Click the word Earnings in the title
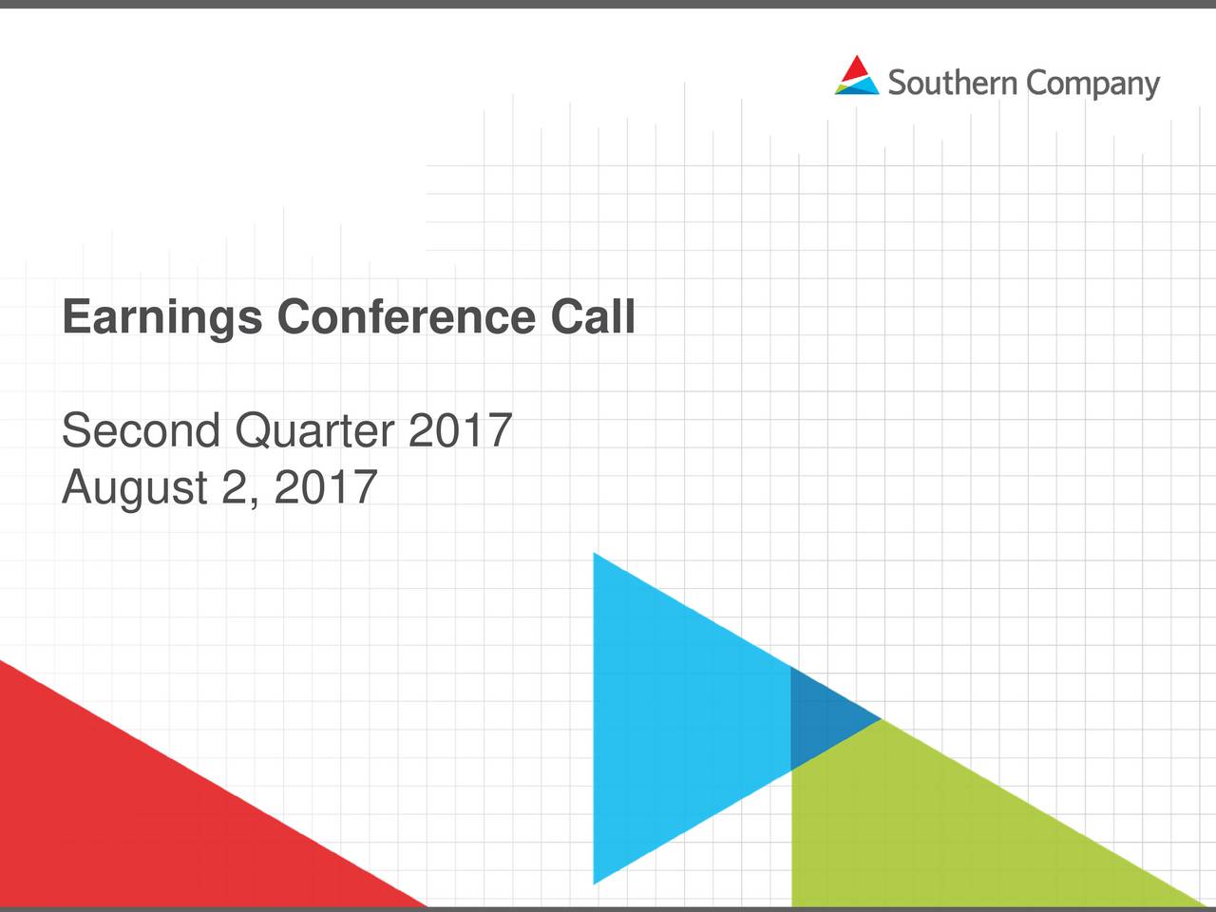tap(161, 318)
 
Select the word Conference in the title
tap(406, 316)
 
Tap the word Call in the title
tap(592, 316)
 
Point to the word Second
tap(141, 431)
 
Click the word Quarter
tap(313, 433)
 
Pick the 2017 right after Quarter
tap(460, 431)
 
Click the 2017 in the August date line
tap(325, 488)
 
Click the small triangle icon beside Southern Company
tap(857, 76)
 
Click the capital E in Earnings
tap(76, 316)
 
